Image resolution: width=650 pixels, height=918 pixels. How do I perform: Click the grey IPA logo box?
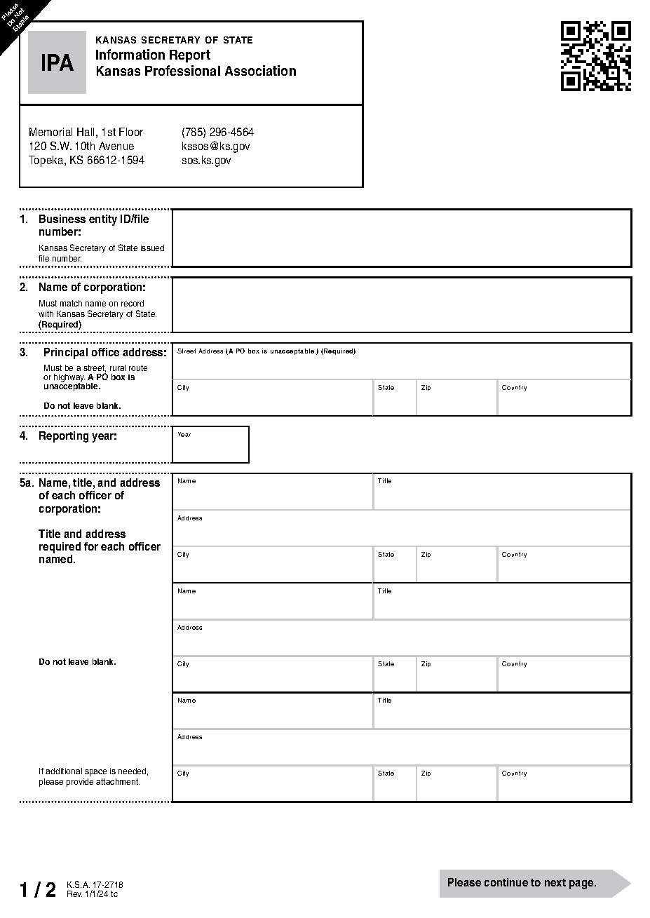click(57, 62)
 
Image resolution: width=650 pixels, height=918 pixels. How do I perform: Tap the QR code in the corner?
click(595, 56)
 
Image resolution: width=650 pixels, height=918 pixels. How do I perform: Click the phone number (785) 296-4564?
click(217, 132)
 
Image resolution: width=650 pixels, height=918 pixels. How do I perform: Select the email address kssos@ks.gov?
click(215, 146)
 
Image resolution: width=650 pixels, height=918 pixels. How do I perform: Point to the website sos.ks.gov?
click(206, 160)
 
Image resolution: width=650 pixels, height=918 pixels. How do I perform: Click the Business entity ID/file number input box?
click(401, 238)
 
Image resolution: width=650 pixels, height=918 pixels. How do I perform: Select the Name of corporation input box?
click(401, 304)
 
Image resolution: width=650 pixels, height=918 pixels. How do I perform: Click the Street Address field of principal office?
click(401, 363)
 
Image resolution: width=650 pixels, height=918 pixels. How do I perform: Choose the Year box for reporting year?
click(210, 447)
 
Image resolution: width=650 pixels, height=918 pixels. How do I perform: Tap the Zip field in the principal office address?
click(456, 400)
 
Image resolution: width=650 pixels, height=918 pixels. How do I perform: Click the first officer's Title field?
click(502, 494)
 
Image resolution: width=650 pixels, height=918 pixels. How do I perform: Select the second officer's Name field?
click(273, 604)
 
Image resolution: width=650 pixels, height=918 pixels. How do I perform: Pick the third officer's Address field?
click(401, 749)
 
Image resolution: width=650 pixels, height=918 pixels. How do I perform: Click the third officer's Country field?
click(564, 785)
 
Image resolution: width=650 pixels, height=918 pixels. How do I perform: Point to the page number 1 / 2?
click(38, 890)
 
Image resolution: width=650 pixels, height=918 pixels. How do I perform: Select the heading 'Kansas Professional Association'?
click(196, 71)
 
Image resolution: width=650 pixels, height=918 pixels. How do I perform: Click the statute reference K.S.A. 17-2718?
click(95, 885)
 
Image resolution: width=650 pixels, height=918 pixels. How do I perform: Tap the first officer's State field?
click(394, 567)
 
